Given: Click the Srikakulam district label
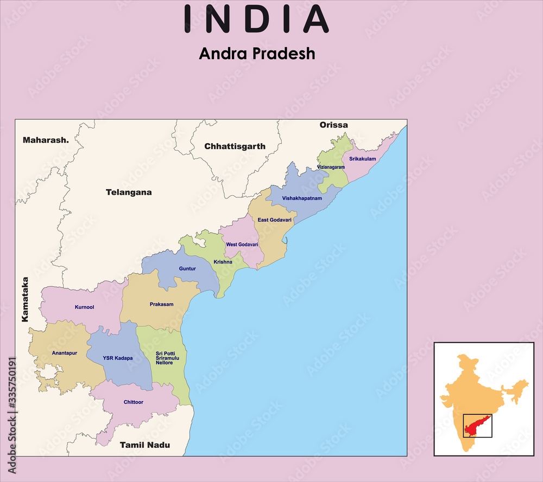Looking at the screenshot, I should pyautogui.click(x=363, y=159).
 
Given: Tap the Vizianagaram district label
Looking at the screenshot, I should pyautogui.click(x=331, y=167).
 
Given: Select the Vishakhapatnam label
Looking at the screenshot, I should pyautogui.click(x=302, y=198).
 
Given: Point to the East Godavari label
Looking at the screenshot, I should pyautogui.click(x=275, y=220).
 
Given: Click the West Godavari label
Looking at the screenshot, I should pyautogui.click(x=242, y=245).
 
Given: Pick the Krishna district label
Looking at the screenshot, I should pyautogui.click(x=223, y=262).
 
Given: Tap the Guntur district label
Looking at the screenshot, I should pyautogui.click(x=187, y=268).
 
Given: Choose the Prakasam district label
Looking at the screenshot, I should pyautogui.click(x=162, y=304).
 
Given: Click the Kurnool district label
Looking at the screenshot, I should pyautogui.click(x=84, y=307).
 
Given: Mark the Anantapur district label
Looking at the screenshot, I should pyautogui.click(x=65, y=353).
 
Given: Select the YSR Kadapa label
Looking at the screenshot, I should pyautogui.click(x=118, y=358).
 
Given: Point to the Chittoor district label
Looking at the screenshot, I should pyautogui.click(x=134, y=402).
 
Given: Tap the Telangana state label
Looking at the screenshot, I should pyautogui.click(x=129, y=192).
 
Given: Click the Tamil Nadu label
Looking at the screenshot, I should pyautogui.click(x=145, y=445).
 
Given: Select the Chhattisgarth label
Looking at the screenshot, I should pyautogui.click(x=235, y=146).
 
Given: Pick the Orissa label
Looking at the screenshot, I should pyautogui.click(x=333, y=125).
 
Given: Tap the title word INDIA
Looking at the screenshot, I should pyautogui.click(x=256, y=19).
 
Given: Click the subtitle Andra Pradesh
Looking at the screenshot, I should pyautogui.click(x=257, y=54).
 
